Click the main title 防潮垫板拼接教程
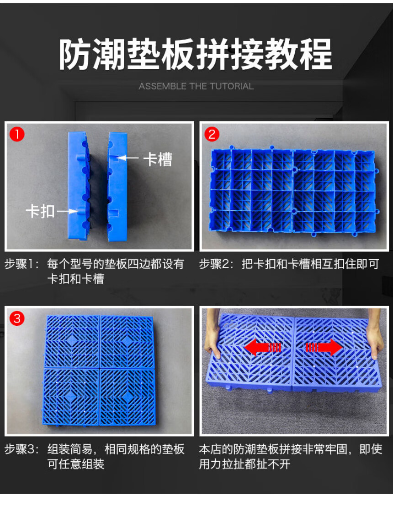[x=196, y=54]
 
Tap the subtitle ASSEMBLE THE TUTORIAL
[x=196, y=86]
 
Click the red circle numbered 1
[x=17, y=134]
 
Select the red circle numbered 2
[x=212, y=134]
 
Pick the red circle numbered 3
[x=17, y=318]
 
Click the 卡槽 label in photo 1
[x=158, y=159]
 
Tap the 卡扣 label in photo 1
[x=40, y=211]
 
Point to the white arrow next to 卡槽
[x=127, y=158]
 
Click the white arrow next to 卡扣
[x=68, y=211]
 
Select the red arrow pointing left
[x=262, y=348]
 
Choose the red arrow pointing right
[x=324, y=347]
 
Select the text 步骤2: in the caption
[x=216, y=264]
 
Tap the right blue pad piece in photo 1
[x=117, y=186]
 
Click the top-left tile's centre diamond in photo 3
[x=72, y=341]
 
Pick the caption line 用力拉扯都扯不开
[x=244, y=464]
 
